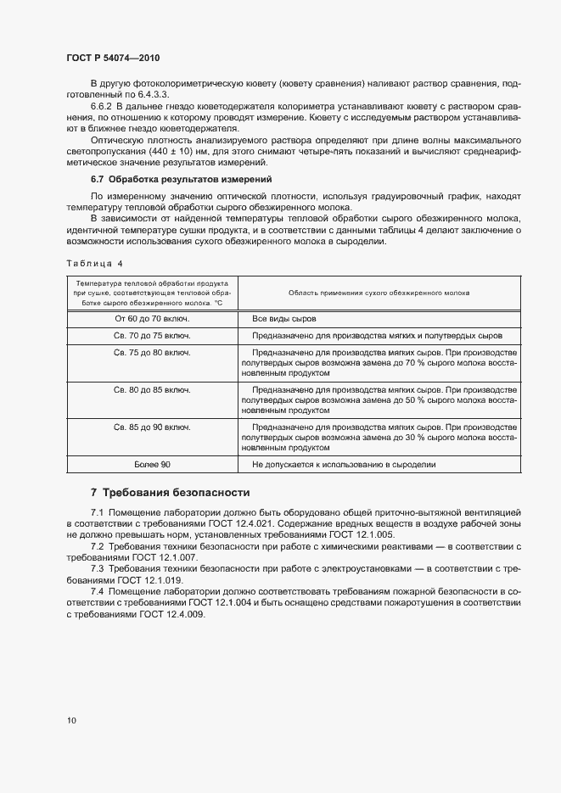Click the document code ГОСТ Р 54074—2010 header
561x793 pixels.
(112, 58)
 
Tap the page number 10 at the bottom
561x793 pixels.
(70, 721)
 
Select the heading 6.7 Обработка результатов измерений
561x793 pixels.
(181, 179)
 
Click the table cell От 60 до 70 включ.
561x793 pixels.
(152, 319)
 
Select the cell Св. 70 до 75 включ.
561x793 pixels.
(152, 336)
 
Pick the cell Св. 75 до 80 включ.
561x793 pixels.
(152, 352)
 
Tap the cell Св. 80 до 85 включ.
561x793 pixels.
(152, 389)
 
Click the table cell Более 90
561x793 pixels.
(152, 465)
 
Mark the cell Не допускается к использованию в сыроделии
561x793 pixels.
(344, 465)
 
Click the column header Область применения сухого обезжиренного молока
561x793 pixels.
(380, 292)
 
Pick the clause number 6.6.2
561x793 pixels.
(102, 106)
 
